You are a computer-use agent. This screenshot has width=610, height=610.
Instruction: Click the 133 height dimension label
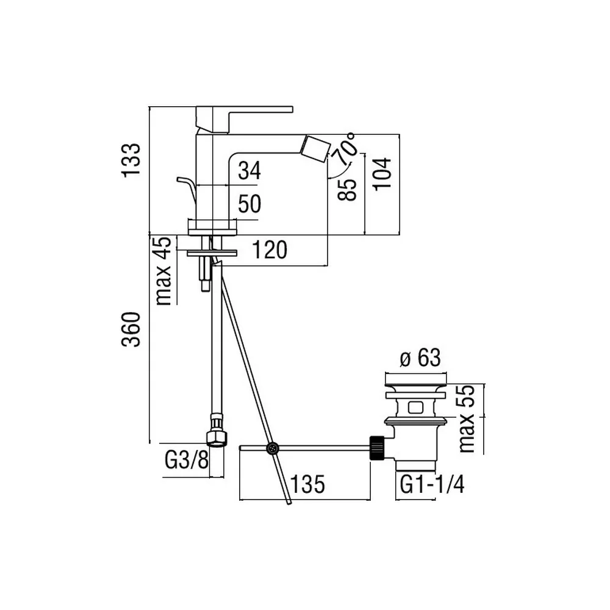click(131, 160)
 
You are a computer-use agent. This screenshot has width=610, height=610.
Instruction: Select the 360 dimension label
click(131, 329)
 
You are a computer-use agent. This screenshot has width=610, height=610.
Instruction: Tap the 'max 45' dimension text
click(163, 271)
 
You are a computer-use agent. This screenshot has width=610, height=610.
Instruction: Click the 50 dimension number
click(249, 204)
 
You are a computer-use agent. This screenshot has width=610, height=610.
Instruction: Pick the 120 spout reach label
click(270, 249)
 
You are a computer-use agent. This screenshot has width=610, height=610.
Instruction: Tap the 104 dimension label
click(382, 173)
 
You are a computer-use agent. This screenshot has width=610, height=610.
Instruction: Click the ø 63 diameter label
click(420, 357)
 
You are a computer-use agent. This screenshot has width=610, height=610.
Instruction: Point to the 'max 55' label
click(467, 418)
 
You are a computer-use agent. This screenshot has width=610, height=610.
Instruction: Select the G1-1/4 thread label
click(432, 485)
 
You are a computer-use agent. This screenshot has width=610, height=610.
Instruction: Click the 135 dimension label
click(307, 484)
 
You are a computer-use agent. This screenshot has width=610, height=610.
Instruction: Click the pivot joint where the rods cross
click(272, 448)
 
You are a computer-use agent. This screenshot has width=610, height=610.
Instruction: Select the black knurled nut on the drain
click(376, 448)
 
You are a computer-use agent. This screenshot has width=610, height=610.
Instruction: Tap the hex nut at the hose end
click(217, 438)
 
